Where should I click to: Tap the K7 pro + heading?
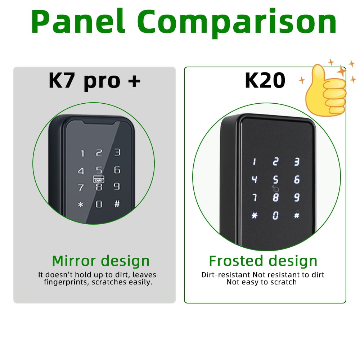tap(94, 81)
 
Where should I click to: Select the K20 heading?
tap(265, 81)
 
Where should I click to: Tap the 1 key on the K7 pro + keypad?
tap(82, 154)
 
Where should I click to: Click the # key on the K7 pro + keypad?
tap(117, 204)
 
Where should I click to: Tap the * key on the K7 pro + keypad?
tap(81, 205)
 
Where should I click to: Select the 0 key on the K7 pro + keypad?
tap(99, 204)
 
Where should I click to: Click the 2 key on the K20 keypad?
tap(275, 162)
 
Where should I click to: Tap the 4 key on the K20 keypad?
tap(255, 179)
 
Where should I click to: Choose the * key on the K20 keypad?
tap(255, 216)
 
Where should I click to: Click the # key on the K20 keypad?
tap(297, 216)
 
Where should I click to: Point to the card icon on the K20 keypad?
tap(275, 189)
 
